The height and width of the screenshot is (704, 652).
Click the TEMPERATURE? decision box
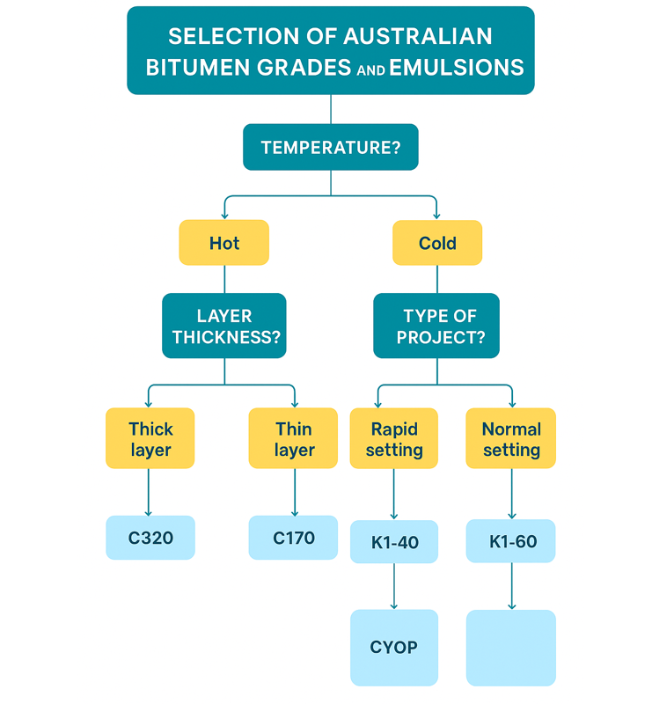click(331, 147)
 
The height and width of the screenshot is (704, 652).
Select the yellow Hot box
click(224, 243)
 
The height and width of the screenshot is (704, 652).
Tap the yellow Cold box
click(437, 243)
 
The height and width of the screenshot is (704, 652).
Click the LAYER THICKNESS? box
click(224, 326)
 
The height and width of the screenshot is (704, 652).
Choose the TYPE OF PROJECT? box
click(436, 326)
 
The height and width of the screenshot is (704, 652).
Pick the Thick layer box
click(150, 438)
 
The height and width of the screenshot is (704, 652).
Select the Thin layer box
click(293, 438)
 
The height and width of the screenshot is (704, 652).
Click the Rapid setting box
click(394, 438)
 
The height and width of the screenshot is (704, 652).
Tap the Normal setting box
click(511, 438)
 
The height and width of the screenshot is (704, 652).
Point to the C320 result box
click(150, 538)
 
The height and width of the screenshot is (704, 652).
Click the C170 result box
click(293, 538)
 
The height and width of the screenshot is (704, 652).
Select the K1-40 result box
click(394, 541)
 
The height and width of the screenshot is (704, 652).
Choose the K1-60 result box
click(511, 541)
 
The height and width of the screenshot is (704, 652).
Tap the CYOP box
click(394, 648)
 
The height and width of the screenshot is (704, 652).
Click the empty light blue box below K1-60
click(511, 648)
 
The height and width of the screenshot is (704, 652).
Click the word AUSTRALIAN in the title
click(418, 36)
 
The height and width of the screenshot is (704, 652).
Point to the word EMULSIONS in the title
click(457, 68)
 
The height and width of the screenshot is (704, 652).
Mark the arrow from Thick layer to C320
click(148, 493)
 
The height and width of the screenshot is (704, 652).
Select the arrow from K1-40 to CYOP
click(394, 586)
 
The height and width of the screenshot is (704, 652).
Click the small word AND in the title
click(371, 70)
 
